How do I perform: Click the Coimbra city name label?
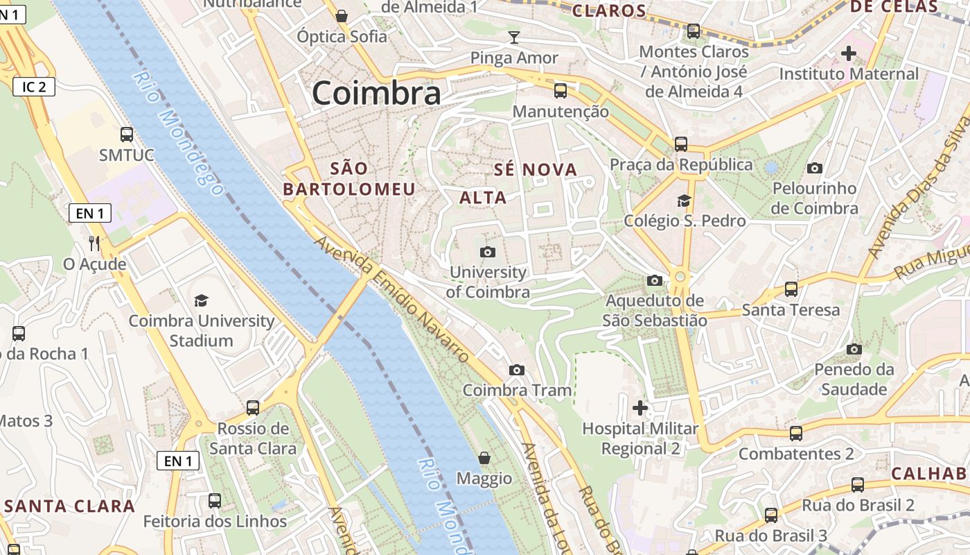click(x=376, y=93)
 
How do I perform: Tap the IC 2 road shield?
click(x=33, y=87)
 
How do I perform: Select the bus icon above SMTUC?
click(x=126, y=135)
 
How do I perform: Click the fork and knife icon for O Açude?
click(x=95, y=244)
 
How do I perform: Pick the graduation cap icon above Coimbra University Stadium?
click(x=201, y=300)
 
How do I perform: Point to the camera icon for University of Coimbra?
click(x=488, y=252)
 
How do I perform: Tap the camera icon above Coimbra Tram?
click(x=516, y=370)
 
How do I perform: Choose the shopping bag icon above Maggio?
click(x=484, y=459)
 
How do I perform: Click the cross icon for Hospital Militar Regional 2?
click(x=640, y=407)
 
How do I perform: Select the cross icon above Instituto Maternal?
click(x=848, y=53)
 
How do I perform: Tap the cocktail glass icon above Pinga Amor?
click(x=513, y=37)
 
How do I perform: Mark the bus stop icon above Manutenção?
click(x=560, y=90)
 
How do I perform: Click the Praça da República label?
click(x=681, y=164)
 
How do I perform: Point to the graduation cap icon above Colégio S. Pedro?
click(x=684, y=201)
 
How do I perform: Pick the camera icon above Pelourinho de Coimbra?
click(x=815, y=168)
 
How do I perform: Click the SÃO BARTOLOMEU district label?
click(x=349, y=178)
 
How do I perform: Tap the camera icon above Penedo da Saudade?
click(x=854, y=349)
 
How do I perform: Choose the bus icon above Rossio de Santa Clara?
click(x=253, y=407)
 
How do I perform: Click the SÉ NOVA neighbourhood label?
click(x=536, y=170)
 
